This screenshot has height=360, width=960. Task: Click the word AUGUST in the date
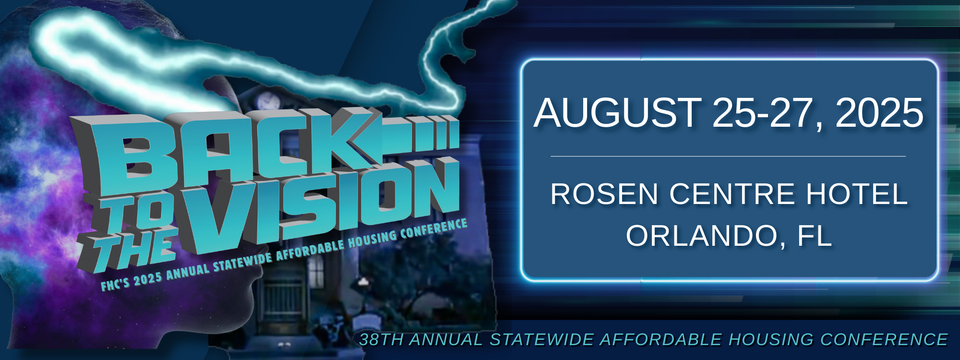617,113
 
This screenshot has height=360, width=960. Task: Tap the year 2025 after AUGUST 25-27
879,113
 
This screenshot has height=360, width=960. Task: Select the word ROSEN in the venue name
604,194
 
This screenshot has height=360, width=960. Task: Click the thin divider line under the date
728,156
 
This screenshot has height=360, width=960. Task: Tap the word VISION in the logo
322,206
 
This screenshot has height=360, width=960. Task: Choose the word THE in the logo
130,250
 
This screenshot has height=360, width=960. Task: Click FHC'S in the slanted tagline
115,284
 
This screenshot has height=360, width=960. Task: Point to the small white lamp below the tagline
363,282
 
